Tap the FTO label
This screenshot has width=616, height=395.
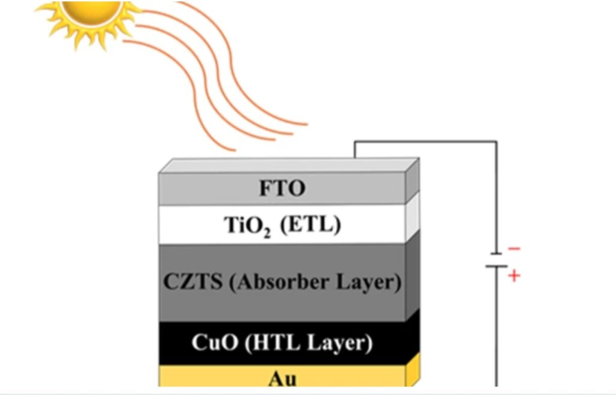282,188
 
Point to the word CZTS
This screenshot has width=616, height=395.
192,281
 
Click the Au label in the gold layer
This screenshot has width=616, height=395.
282,379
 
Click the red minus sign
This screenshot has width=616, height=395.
514,249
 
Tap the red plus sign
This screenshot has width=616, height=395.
514,276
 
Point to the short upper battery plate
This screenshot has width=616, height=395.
496,253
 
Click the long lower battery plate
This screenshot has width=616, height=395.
496,266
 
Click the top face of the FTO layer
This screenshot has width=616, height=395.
289,165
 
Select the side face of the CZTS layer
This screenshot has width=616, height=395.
413,275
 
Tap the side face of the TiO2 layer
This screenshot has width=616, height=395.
413,217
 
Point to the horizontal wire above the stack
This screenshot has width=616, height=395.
426,142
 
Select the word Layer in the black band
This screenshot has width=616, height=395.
340,343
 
